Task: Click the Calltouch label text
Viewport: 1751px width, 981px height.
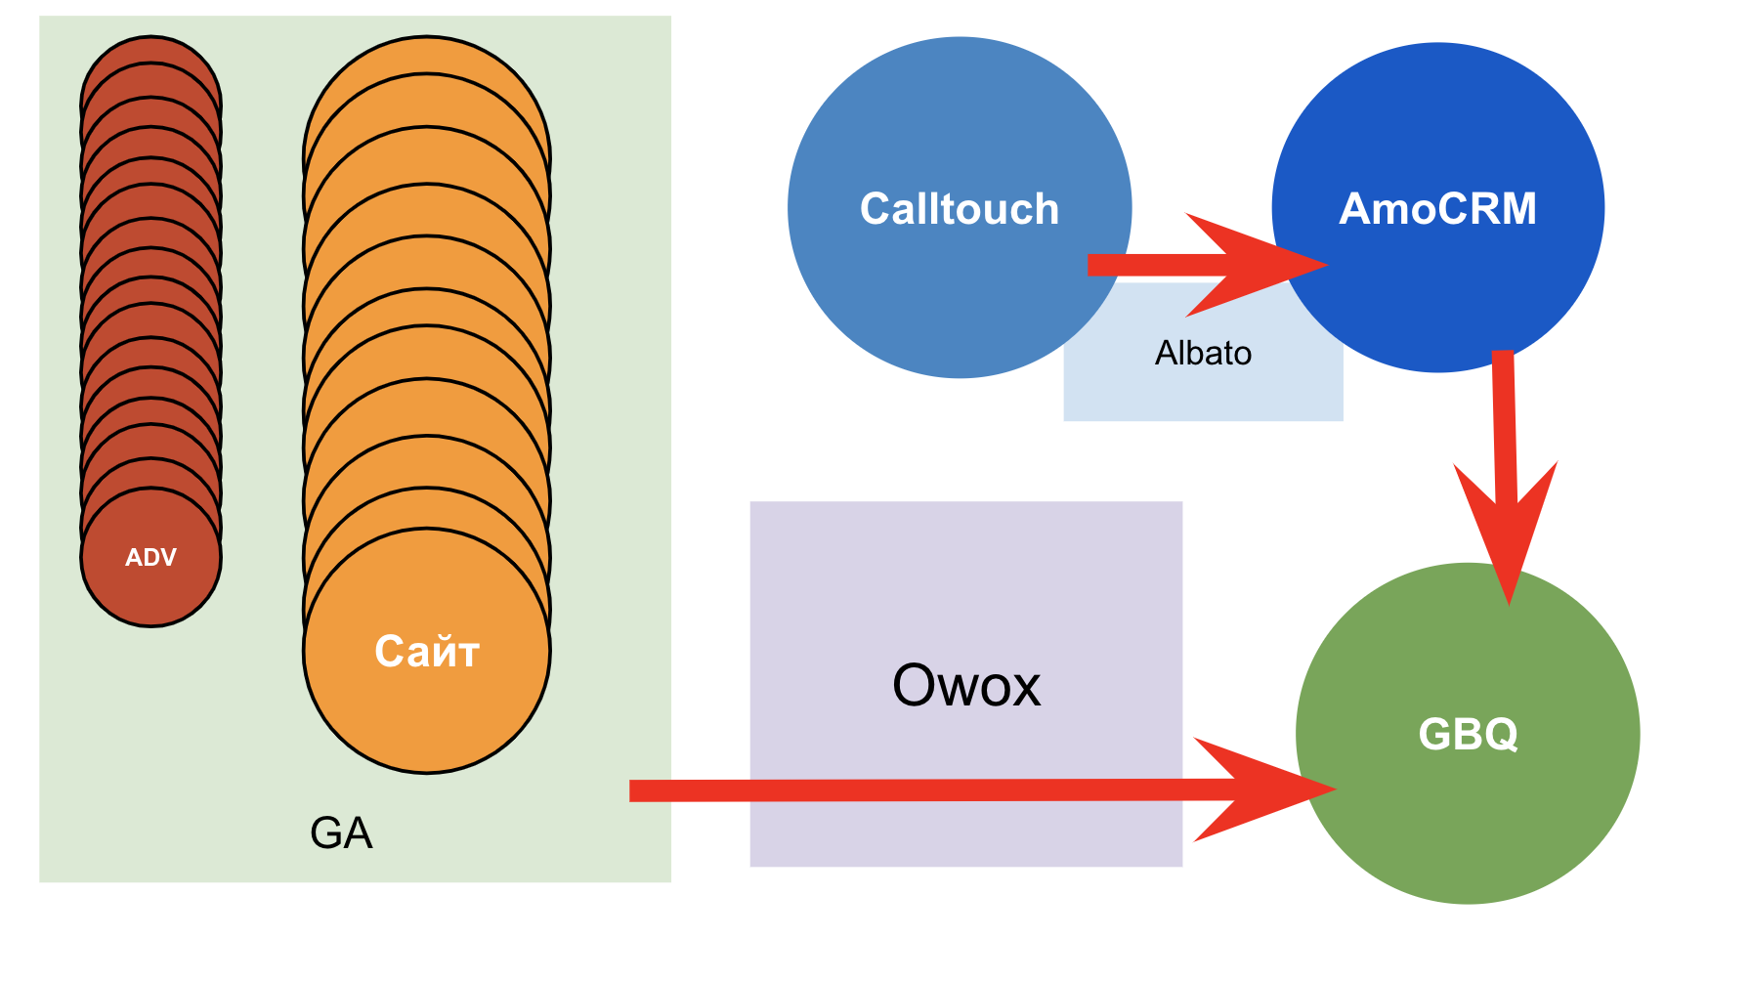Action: [x=959, y=209]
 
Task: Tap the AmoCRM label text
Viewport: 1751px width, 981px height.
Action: [x=1437, y=208]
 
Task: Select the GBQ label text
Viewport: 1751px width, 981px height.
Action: [x=1468, y=734]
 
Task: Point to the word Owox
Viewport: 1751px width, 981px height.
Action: [x=966, y=685]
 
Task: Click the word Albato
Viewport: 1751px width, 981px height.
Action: [x=1203, y=353]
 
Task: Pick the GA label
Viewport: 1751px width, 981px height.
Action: [x=341, y=833]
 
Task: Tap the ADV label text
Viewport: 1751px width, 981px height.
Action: [x=150, y=557]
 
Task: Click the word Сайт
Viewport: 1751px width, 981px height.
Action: [x=427, y=652]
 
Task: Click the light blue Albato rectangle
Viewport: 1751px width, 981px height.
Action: [x=1203, y=391]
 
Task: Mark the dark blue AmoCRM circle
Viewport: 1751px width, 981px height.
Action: [x=1437, y=117]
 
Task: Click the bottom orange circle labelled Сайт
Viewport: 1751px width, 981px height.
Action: [x=427, y=713]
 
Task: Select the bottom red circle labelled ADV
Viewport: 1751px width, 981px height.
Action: [x=150, y=596]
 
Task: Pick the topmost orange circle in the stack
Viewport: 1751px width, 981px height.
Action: [x=427, y=54]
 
